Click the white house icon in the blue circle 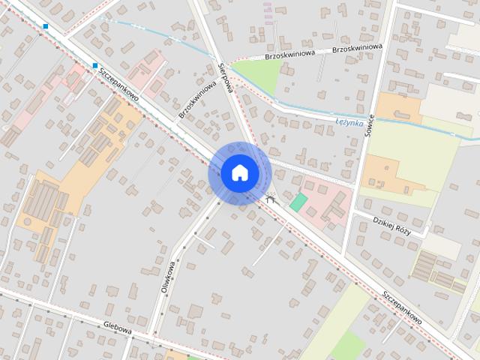coord(239,172)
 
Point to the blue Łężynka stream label coord(349,121)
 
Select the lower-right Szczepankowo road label coord(401,307)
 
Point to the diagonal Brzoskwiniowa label coord(198,100)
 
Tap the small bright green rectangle coord(298,202)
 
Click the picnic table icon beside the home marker coord(271,198)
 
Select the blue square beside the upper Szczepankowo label coord(95,66)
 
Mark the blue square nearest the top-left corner coord(46,26)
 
